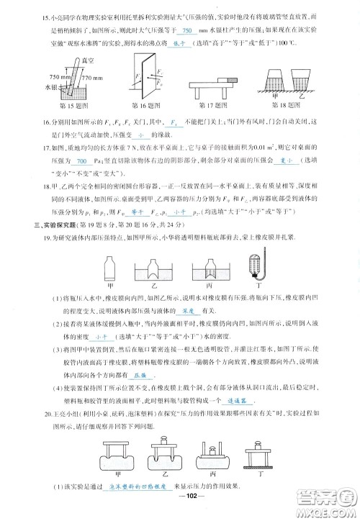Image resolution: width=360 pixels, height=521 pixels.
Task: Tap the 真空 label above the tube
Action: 68,64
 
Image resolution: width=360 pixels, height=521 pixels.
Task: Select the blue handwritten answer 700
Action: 81,161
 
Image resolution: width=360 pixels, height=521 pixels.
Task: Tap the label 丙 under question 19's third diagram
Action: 209,285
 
